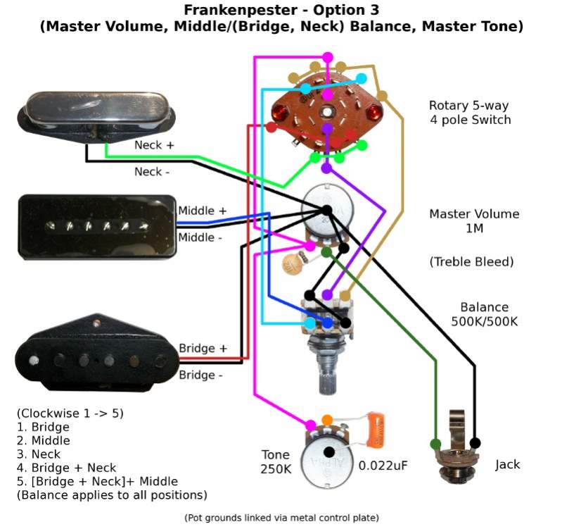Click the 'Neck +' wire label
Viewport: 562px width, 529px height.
point(154,145)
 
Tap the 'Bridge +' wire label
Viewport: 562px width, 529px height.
point(203,348)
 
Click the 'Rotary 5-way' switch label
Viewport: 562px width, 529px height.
point(468,106)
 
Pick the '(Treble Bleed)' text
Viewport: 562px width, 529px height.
point(471,262)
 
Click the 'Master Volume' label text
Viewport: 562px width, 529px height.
point(474,214)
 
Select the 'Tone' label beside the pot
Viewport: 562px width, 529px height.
point(275,454)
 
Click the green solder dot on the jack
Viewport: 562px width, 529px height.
point(435,444)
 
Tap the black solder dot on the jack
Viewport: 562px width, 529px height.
point(475,443)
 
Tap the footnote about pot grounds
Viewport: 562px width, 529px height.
point(281,518)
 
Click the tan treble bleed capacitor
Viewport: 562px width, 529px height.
point(293,265)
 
